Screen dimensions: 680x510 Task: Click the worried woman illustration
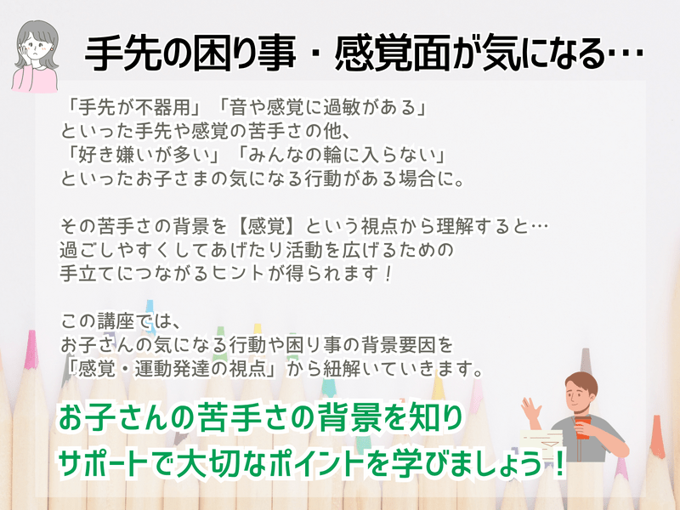tap(35, 56)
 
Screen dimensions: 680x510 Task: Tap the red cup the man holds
tap(582, 428)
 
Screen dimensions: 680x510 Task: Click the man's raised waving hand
tap(530, 409)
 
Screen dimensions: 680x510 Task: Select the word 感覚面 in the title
tap(393, 54)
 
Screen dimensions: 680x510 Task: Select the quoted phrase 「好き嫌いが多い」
tap(143, 155)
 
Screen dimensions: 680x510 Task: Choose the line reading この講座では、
tap(120, 321)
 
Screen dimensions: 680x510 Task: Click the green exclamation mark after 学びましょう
tap(558, 463)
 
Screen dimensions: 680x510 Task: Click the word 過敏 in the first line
tap(342, 107)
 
